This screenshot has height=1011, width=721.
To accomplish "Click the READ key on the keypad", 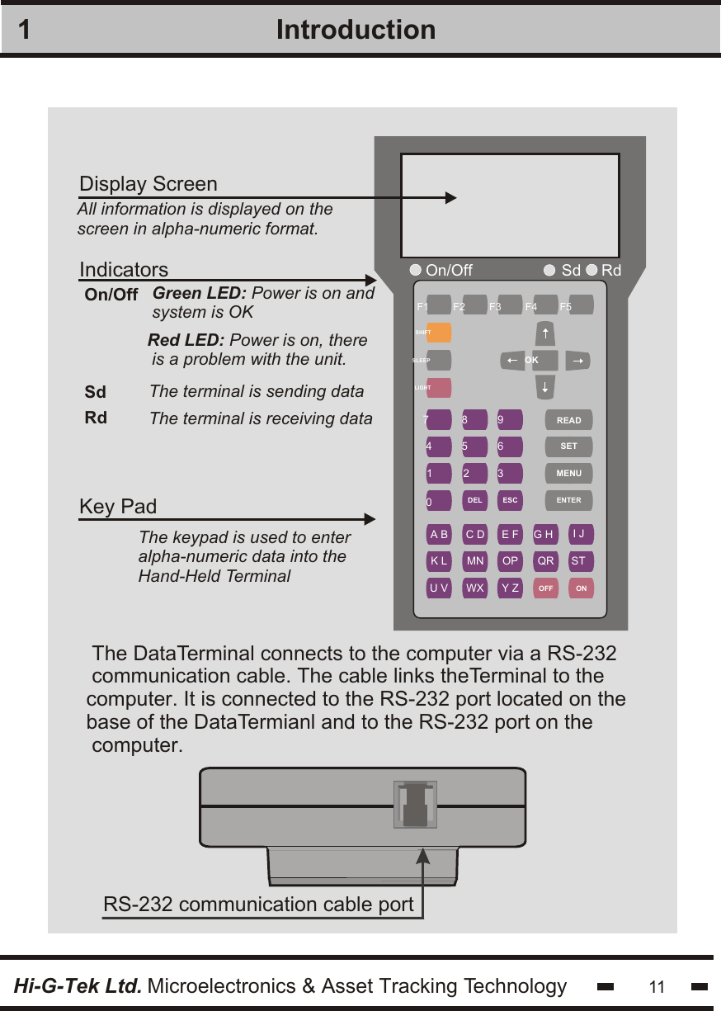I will (x=568, y=420).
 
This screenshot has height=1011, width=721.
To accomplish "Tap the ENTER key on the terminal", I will (x=568, y=500).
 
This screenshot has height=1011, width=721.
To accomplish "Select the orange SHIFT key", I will (x=439, y=333).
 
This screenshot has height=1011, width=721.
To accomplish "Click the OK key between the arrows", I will (x=532, y=361).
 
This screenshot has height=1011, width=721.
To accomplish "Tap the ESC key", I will (x=510, y=500).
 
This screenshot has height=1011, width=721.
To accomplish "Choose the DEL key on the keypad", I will (x=474, y=500).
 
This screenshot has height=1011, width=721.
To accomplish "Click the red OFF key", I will (x=545, y=588).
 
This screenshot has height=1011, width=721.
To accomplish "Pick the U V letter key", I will (x=439, y=588).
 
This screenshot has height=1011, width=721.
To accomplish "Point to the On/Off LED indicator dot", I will (x=416, y=270).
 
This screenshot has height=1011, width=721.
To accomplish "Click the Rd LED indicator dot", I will (x=591, y=270).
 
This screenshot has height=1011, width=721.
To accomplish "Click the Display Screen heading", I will (x=148, y=183).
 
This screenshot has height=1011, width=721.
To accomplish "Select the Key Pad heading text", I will (x=118, y=506).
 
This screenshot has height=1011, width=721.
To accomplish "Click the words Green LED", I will (x=200, y=293).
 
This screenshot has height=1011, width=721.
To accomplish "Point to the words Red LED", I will (x=186, y=341).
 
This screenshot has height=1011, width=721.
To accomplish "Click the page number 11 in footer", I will (x=657, y=987).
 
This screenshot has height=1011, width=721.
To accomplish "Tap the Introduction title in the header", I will (x=356, y=30).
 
